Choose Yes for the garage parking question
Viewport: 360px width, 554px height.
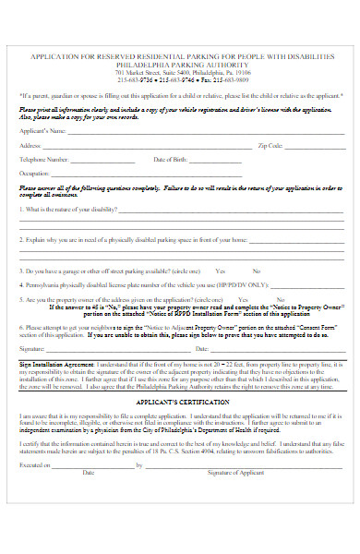(221, 271)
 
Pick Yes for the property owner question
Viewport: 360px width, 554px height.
(243, 300)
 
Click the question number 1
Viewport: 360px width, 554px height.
(21, 208)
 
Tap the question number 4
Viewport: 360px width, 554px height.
(21, 285)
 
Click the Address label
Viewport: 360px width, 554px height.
(30, 146)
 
